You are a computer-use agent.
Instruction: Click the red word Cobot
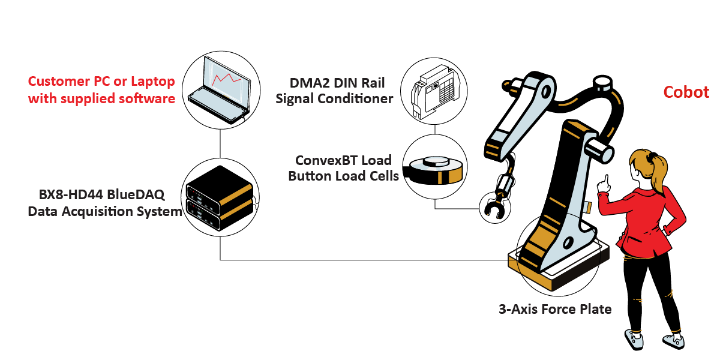(x=686, y=92)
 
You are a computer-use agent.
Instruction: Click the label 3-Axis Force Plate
(x=555, y=310)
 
